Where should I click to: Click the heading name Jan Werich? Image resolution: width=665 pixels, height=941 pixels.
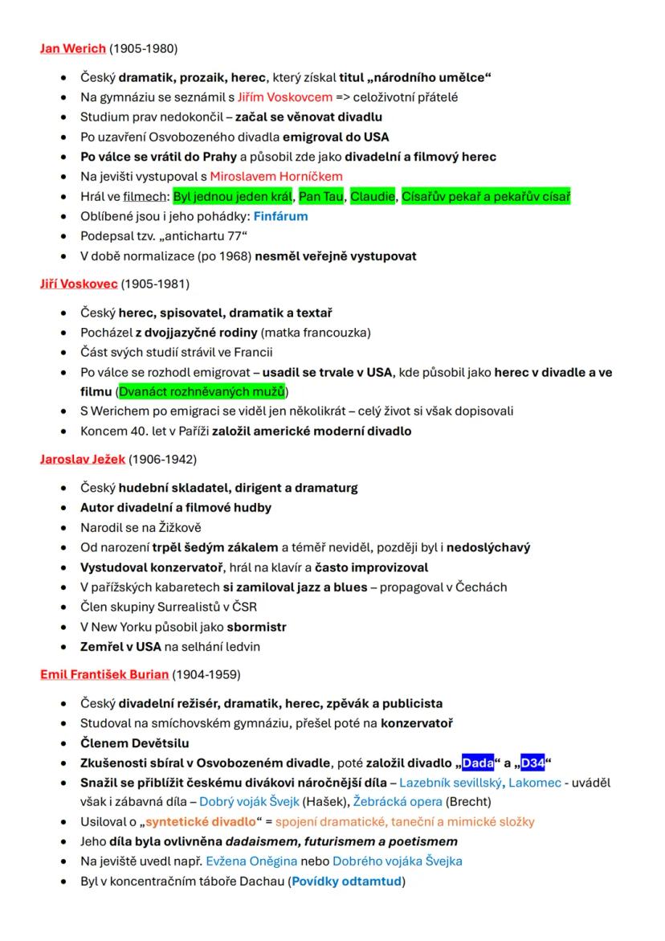(73, 48)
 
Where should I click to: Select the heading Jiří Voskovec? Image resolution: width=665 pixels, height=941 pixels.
(79, 284)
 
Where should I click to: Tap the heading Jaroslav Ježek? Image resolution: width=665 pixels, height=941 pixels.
(83, 459)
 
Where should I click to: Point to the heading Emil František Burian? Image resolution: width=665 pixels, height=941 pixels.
(104, 673)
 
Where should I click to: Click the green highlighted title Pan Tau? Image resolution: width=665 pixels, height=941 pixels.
(321, 196)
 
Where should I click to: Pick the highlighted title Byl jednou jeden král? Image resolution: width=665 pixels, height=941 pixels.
(233, 196)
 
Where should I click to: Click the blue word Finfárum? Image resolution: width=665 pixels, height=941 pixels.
(281, 216)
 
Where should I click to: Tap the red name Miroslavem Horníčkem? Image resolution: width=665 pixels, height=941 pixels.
(276, 176)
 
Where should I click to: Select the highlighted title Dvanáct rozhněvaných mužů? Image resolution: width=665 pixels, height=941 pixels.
(202, 391)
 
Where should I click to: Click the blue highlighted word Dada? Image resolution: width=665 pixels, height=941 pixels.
(478, 763)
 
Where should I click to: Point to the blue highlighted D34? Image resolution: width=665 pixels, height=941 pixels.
(532, 763)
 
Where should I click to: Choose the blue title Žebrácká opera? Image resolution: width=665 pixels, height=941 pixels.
(398, 801)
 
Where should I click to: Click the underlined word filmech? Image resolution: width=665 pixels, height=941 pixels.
(145, 196)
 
